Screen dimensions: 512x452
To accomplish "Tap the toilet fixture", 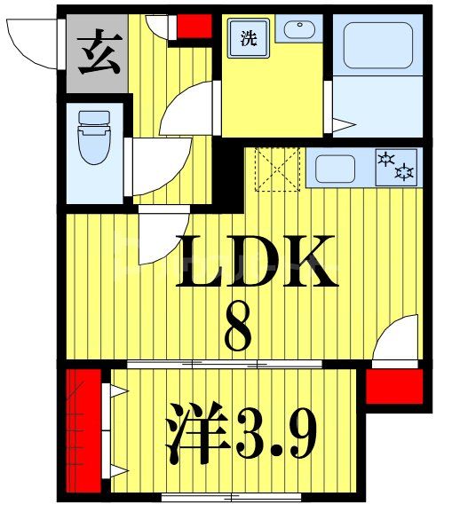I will (92, 138).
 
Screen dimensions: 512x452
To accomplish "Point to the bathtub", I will (377, 44).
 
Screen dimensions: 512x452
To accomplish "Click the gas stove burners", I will (397, 166).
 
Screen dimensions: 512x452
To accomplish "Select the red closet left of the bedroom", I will (84, 429).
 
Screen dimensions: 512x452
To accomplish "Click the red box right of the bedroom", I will (393, 385).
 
